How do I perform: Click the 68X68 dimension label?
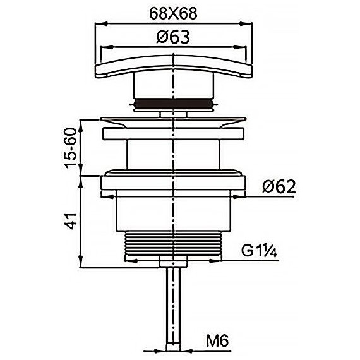pos(173,14)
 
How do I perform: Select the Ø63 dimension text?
pos(173,37)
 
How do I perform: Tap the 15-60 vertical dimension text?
pos(70,148)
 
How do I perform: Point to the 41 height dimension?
pos(71,221)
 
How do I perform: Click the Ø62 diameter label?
pos(279,186)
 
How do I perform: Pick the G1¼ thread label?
pos(259,251)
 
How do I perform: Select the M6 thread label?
pos(217,341)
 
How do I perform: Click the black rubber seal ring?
pos(174,103)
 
